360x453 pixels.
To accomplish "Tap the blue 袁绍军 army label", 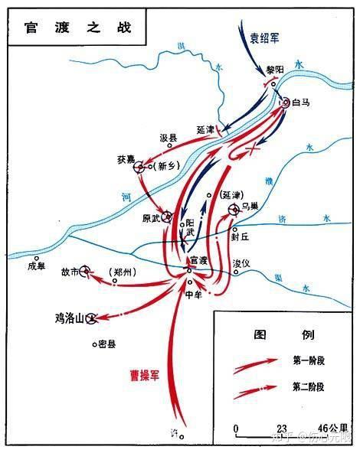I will click(x=265, y=36).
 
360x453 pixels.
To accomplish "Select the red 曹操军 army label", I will click(x=150, y=376).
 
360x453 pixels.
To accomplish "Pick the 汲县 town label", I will click(x=168, y=139).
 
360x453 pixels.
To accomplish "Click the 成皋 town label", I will click(x=37, y=266).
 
